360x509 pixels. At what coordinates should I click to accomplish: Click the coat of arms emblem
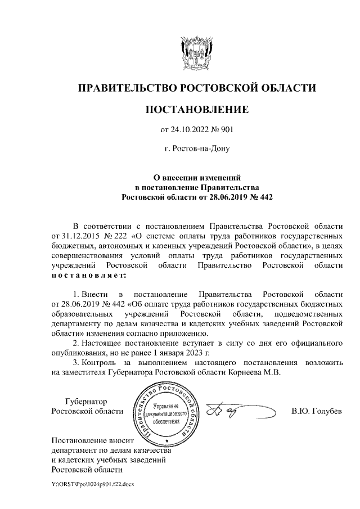click(x=196, y=51)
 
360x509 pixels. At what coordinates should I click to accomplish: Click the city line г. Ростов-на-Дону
click(x=196, y=150)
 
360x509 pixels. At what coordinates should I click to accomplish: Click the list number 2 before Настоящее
click(x=76, y=343)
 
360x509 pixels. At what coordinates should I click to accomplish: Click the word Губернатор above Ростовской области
click(x=85, y=402)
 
